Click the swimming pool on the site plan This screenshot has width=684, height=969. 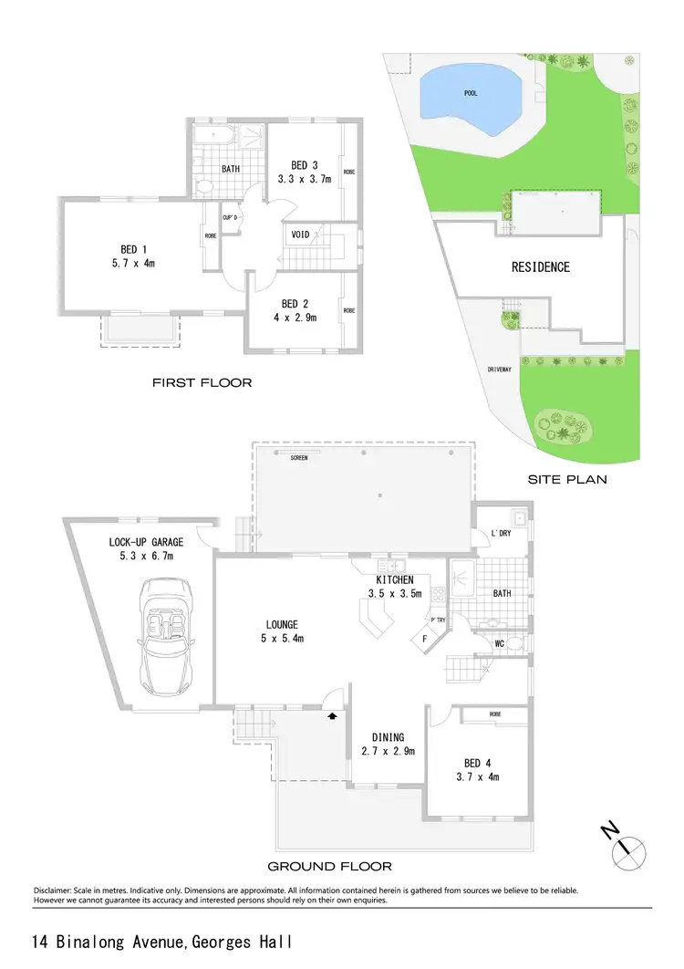[x=471, y=94]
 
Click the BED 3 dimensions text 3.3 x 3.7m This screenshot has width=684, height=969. [x=304, y=179]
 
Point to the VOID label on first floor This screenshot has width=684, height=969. [x=300, y=234]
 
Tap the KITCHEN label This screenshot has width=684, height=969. [x=395, y=580]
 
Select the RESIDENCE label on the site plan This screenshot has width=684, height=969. [x=540, y=267]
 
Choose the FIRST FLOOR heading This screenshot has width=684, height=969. [x=202, y=382]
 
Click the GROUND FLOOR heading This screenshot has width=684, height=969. [x=329, y=866]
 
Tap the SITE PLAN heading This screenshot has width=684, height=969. [x=568, y=479]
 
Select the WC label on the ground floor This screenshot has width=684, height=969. [x=500, y=643]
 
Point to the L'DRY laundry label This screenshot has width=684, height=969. [x=500, y=533]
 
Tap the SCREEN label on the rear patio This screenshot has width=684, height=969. [x=298, y=458]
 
